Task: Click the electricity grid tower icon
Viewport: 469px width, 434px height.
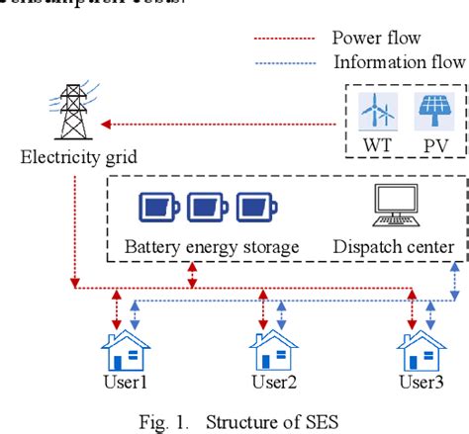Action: [72, 110]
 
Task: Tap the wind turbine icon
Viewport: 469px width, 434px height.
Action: [377, 115]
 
